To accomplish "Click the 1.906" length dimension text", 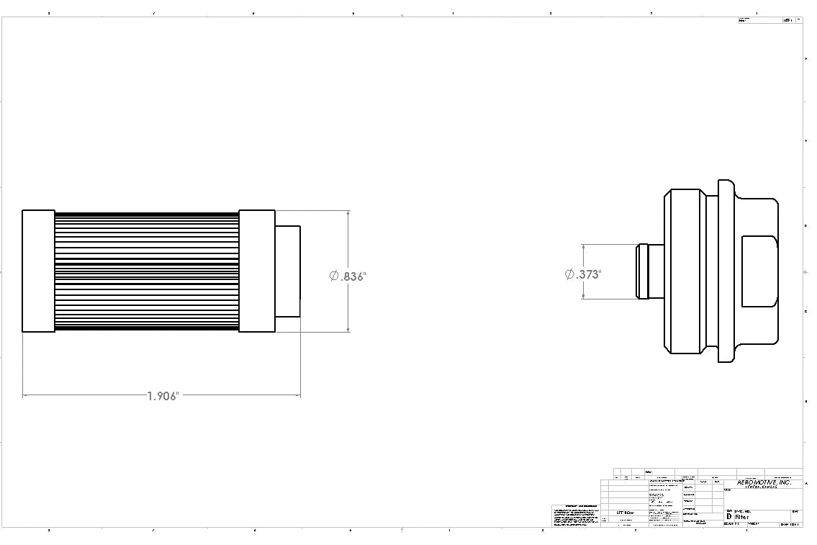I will [162, 396].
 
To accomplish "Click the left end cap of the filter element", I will [38, 271].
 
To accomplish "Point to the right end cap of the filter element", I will [256, 271].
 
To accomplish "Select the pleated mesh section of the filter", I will [146, 271].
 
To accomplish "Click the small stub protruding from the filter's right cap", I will [287, 271].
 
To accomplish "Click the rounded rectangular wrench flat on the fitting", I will [759, 271].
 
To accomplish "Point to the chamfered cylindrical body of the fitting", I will [685, 271].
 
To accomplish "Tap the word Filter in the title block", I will [742, 517].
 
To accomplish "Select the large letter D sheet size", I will [728, 517].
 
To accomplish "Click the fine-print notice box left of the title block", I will [575, 515].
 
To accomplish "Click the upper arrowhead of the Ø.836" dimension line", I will [348, 214].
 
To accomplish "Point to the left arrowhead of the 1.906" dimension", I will [26, 395].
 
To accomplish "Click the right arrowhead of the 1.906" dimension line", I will [297, 395].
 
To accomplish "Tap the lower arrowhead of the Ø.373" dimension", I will [582, 296].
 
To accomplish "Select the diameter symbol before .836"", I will [334, 276].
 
